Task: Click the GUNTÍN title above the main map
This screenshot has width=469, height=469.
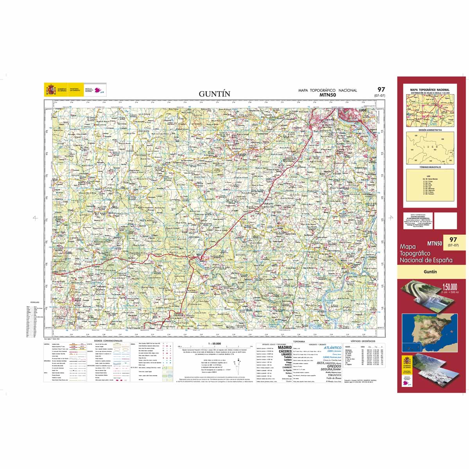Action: [215, 94]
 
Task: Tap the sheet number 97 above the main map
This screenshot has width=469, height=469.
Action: [381, 90]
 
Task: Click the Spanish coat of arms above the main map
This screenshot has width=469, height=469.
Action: [51, 90]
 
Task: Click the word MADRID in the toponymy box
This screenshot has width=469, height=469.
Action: [285, 347]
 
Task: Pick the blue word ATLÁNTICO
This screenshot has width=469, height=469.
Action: [333, 347]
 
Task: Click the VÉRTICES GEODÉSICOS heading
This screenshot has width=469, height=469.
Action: [363, 341]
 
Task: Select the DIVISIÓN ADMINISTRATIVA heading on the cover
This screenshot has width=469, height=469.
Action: [430, 130]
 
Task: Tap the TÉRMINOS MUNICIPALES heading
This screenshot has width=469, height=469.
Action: [430, 167]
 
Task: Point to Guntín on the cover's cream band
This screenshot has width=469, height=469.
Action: [430, 272]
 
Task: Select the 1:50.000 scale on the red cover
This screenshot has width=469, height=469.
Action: [449, 287]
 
